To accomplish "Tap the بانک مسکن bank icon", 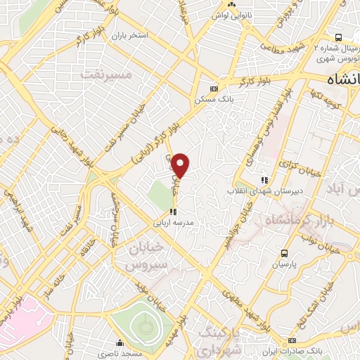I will [214, 88].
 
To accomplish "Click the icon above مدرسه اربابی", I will [173, 211].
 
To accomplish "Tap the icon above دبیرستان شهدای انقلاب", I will [264, 180].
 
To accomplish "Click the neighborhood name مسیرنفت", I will [106, 72].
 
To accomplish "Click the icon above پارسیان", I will [284, 254].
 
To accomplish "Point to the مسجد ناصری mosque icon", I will [120, 344].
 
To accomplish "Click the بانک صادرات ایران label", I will [316, 349].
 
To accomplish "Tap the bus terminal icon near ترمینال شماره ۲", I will [338, 37].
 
